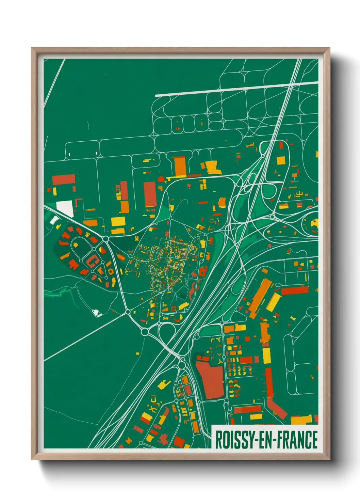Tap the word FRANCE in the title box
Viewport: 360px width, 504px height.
click(x=296, y=440)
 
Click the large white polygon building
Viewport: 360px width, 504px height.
click(x=65, y=208)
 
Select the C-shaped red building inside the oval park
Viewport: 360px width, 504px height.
click(x=92, y=261)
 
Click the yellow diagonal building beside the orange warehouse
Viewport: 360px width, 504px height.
click(x=274, y=302)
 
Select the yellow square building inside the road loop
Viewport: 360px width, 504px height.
click(x=281, y=160)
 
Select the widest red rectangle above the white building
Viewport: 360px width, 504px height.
click(x=64, y=179)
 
